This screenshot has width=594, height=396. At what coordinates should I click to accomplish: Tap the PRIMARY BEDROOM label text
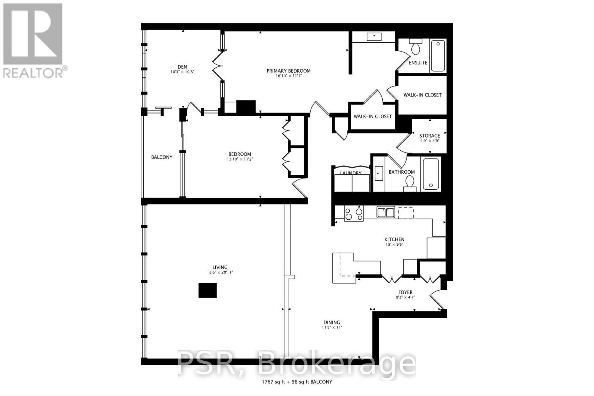(288, 71)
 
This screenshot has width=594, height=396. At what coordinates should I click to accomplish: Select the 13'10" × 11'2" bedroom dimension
(239, 159)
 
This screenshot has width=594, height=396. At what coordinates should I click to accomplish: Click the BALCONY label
(161, 157)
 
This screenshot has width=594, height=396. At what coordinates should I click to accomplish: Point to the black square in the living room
(208, 290)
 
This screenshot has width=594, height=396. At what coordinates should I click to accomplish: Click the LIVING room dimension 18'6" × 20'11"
(220, 272)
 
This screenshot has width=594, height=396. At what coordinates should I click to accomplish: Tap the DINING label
(331, 322)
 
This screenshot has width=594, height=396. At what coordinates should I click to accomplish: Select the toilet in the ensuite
(415, 48)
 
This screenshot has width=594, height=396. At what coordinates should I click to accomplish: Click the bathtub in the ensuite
(438, 56)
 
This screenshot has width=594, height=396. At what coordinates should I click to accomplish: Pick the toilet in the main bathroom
(409, 183)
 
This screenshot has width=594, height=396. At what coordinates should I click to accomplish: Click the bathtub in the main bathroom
(431, 174)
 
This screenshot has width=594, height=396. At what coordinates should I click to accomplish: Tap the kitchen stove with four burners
(353, 214)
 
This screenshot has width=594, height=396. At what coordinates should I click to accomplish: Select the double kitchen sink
(385, 212)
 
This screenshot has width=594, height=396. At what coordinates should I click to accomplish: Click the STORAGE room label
(430, 135)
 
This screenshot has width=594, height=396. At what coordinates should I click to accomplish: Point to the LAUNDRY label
(350, 173)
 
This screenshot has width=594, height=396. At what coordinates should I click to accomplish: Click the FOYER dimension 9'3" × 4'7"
(405, 297)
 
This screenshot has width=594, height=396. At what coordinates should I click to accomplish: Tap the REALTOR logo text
(33, 72)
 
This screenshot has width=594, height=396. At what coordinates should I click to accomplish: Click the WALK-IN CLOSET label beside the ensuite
(422, 95)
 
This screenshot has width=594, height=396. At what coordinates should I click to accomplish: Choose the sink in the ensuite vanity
(374, 37)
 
